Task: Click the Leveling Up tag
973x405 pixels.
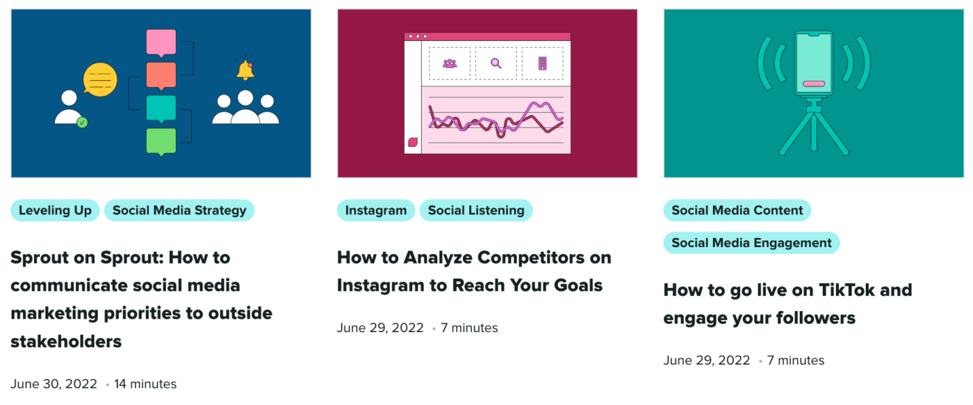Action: click(55, 210)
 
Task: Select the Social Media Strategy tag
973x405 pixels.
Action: click(179, 210)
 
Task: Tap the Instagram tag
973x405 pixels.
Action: click(376, 210)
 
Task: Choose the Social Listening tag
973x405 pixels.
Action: click(476, 210)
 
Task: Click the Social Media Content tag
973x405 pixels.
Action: click(737, 210)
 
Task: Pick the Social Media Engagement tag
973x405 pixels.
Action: click(751, 243)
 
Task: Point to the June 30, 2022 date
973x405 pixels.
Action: click(54, 384)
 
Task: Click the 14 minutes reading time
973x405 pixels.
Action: click(145, 384)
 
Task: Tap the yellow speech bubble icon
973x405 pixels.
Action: click(99, 79)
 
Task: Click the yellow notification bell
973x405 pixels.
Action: click(245, 70)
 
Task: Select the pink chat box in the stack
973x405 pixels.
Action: click(161, 42)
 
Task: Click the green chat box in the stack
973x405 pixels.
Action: click(161, 141)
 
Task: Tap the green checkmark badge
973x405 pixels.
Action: click(82, 122)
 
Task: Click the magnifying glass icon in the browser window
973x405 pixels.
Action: click(496, 63)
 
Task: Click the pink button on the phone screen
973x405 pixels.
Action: click(813, 84)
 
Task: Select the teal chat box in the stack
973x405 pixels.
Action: click(161, 109)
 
